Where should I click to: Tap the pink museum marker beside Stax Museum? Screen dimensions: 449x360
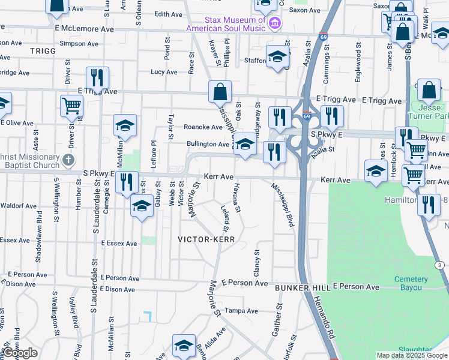(x=275, y=24)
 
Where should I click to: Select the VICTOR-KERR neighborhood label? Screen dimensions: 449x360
(x=205, y=239)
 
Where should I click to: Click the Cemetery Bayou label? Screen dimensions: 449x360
(x=411, y=283)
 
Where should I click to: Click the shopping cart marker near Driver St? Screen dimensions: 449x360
(x=71, y=106)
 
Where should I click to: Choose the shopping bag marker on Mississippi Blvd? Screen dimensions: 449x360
(x=220, y=92)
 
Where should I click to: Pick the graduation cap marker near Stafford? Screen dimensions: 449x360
(x=277, y=57)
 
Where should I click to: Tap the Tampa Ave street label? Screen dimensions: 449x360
(x=241, y=311)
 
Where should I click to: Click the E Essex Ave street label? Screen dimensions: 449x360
(x=119, y=244)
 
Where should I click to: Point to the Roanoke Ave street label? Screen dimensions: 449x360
(x=203, y=127)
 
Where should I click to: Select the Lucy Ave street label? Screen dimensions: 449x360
(x=164, y=72)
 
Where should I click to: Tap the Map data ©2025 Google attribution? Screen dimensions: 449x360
(x=412, y=356)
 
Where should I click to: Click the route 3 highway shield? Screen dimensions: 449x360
(x=439, y=265)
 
